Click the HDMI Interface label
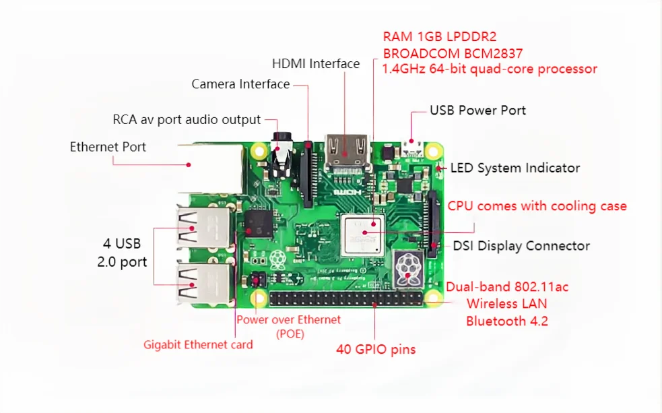pos(315,64)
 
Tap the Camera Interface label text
pos(240,84)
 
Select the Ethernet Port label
pos(108,147)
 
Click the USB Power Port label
pos(477,110)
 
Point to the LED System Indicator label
pos(515,168)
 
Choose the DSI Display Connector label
pos(521,246)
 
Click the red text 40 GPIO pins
pos(376,349)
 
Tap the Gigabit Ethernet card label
pos(198,344)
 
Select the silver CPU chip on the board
pos(362,233)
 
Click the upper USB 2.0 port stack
pos(203,227)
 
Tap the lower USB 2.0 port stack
pos(202,282)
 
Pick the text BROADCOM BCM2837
pos(453,53)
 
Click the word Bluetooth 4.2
pos(506,321)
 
